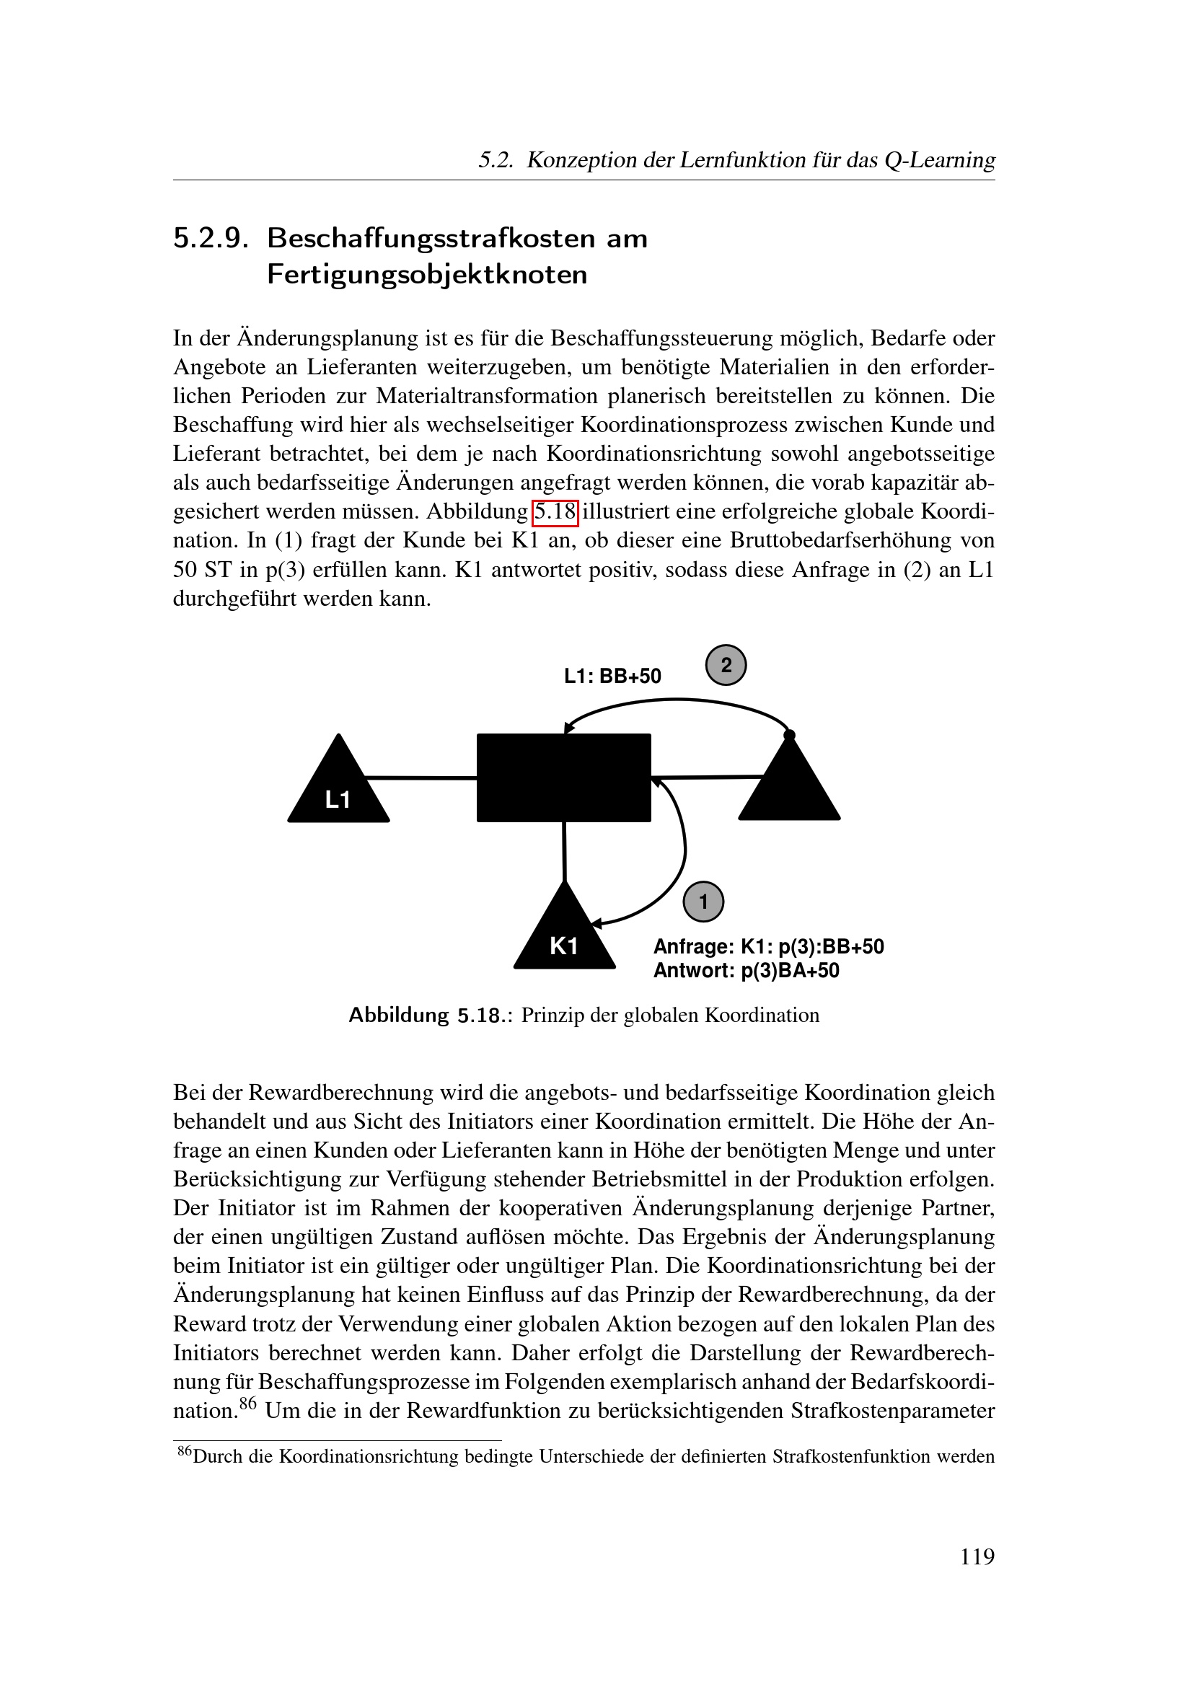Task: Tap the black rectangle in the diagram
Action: coord(563,778)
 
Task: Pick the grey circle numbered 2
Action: coord(726,665)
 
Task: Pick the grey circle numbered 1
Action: coord(703,902)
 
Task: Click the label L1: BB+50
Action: coord(612,676)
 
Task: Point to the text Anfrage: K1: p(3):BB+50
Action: coord(768,946)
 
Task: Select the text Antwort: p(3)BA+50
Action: coord(747,971)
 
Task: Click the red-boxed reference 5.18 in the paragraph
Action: coord(555,511)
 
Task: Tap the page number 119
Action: coord(977,1556)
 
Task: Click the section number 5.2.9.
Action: coord(211,239)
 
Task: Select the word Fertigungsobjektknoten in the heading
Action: coord(427,275)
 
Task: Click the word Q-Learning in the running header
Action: coord(940,159)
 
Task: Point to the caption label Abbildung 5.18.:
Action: coord(430,1016)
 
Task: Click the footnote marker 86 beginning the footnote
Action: coord(185,1450)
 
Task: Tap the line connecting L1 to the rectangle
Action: coord(422,778)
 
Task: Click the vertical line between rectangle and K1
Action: coord(564,851)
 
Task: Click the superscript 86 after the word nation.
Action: coord(247,1404)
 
